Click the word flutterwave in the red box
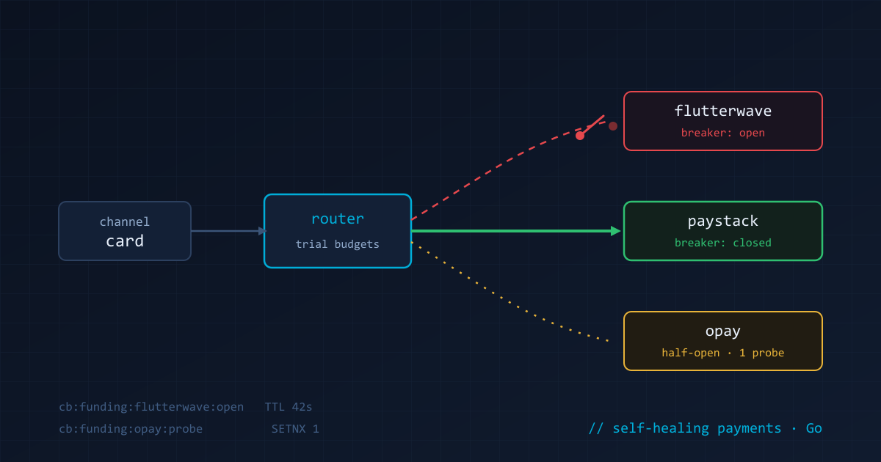coord(723,111)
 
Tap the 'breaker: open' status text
coord(723,133)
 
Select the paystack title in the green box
coord(723,221)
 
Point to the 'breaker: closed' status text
coord(723,243)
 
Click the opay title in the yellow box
coord(723,331)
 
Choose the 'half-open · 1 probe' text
coord(723,353)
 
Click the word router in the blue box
coord(338,219)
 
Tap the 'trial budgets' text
coord(338,244)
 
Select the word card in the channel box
coord(125,241)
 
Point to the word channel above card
coord(125,221)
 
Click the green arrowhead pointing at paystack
coord(615,231)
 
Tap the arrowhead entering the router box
coord(262,231)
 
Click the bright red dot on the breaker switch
coord(580,136)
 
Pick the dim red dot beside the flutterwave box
coord(613,126)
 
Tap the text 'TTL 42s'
coord(289,406)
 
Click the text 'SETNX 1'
coord(295,428)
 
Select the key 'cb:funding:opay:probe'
coord(131,428)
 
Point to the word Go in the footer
coord(813,428)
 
